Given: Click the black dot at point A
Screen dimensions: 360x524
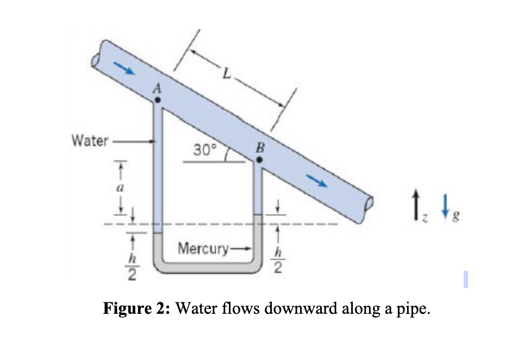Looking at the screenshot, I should point(157,100).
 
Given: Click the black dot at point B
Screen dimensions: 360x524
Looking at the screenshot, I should point(260,160).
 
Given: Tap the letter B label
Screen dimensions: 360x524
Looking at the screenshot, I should point(259,147).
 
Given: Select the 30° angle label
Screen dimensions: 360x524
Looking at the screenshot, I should point(205,148).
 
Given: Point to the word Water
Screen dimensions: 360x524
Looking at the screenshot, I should point(90,141).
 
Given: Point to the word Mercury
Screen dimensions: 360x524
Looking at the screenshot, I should point(202,250).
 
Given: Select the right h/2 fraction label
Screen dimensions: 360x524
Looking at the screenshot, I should point(278,259).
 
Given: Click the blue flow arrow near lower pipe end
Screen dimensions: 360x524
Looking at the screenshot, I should point(319,181).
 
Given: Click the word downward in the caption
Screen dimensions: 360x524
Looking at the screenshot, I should point(297,309).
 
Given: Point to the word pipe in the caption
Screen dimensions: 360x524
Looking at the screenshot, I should point(413,311).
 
